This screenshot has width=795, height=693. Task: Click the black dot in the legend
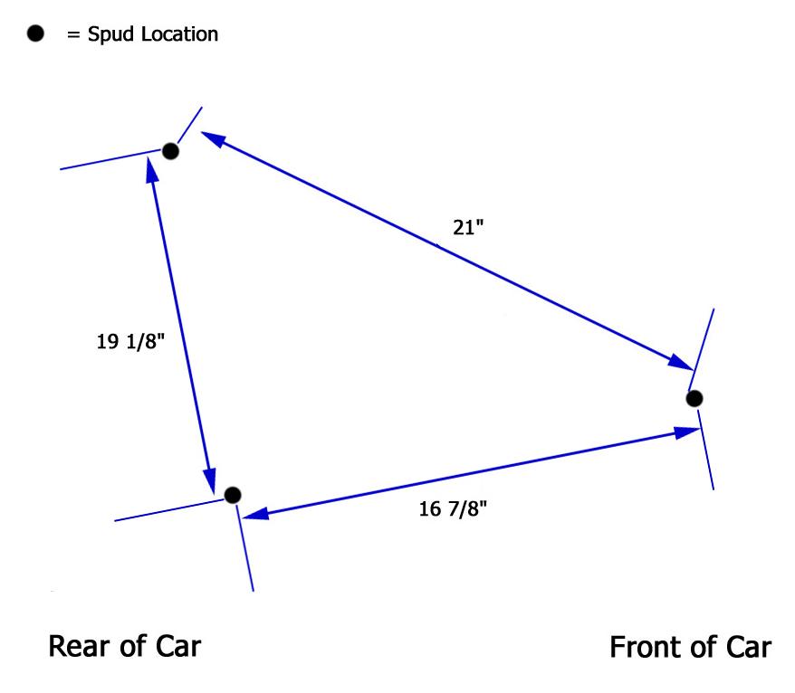[x=35, y=34]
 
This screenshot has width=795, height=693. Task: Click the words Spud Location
[x=151, y=35]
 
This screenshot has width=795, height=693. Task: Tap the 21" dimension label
[x=469, y=228]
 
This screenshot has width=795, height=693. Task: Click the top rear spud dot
[x=170, y=151]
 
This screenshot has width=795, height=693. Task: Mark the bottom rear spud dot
[x=233, y=495]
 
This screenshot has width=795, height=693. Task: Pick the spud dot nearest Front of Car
[x=694, y=398]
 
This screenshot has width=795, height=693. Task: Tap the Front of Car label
[x=690, y=648]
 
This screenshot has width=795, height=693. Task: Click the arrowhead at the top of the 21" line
[x=211, y=138]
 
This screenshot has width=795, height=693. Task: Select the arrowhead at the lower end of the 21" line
[x=681, y=362]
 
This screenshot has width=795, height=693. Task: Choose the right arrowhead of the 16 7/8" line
[x=686, y=432]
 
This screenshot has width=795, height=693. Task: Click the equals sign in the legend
[x=72, y=35]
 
